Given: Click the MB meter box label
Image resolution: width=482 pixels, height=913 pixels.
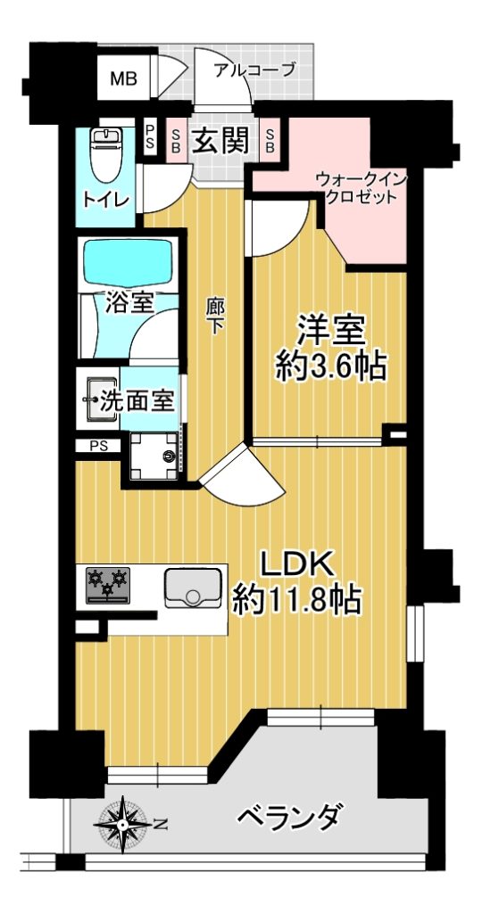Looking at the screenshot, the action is (x=123, y=78).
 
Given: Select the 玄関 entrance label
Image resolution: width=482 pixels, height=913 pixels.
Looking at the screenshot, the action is (x=220, y=140).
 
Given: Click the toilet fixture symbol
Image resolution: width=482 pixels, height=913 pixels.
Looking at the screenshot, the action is (x=105, y=153).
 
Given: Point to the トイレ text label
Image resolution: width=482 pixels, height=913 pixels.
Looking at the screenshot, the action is (x=105, y=201).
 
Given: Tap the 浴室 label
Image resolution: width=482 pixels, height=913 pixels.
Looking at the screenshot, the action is (x=129, y=302).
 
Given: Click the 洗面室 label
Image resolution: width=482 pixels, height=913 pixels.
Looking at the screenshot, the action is (x=137, y=401).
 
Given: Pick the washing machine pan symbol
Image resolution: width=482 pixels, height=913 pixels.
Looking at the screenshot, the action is (x=154, y=456).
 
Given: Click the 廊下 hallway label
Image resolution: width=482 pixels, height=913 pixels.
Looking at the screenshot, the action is (x=216, y=317).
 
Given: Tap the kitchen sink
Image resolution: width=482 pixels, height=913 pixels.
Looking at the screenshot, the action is (x=193, y=588).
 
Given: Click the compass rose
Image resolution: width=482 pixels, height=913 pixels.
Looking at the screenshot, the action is (x=123, y=824).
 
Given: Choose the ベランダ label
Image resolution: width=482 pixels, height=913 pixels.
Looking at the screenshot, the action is (x=287, y=817).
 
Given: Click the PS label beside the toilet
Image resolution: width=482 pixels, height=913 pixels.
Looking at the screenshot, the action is (x=150, y=138).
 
